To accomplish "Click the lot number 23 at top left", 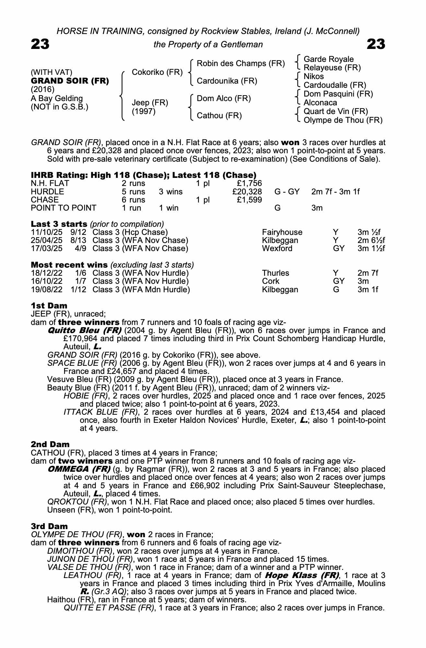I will [x=40, y=44].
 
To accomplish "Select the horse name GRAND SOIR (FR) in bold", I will [x=70, y=81].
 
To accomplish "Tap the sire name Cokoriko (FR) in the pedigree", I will [x=157, y=72].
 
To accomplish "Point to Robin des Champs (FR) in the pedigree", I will [x=241, y=63].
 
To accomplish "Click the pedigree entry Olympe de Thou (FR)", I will [x=343, y=120].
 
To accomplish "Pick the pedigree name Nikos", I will [x=314, y=76].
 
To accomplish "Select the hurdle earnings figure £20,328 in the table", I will [x=247, y=192].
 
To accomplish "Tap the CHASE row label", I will [x=45, y=200].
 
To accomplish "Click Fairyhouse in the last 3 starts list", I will [x=282, y=232].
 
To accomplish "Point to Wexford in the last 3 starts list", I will [x=277, y=249].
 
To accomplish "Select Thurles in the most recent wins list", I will [x=275, y=273].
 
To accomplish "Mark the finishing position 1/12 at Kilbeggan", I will [x=78, y=289].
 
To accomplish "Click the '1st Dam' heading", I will [x=49, y=306].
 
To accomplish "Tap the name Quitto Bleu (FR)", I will [x=84, y=330].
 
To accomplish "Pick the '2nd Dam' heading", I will [x=50, y=444].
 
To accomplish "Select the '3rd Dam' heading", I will [x=50, y=526].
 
